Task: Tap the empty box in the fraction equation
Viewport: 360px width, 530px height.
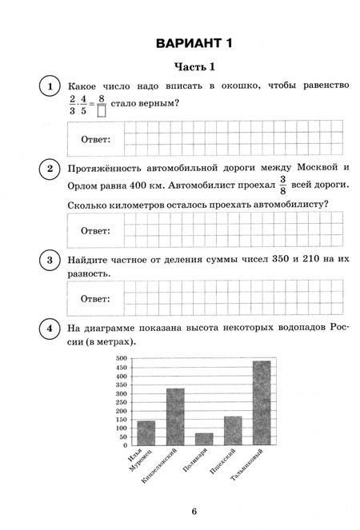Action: [101, 111]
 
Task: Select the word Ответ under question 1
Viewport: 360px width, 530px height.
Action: [96, 140]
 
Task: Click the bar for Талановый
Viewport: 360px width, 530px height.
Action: [262, 402]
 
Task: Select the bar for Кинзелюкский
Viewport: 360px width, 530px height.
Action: [175, 416]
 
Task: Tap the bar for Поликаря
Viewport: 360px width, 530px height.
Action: [204, 438]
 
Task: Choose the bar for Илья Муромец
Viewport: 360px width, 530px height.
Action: [146, 432]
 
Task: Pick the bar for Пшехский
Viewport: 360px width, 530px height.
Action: [233, 429]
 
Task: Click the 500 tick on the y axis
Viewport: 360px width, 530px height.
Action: [122, 359]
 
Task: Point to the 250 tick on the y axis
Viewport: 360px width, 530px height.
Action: [122, 401]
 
